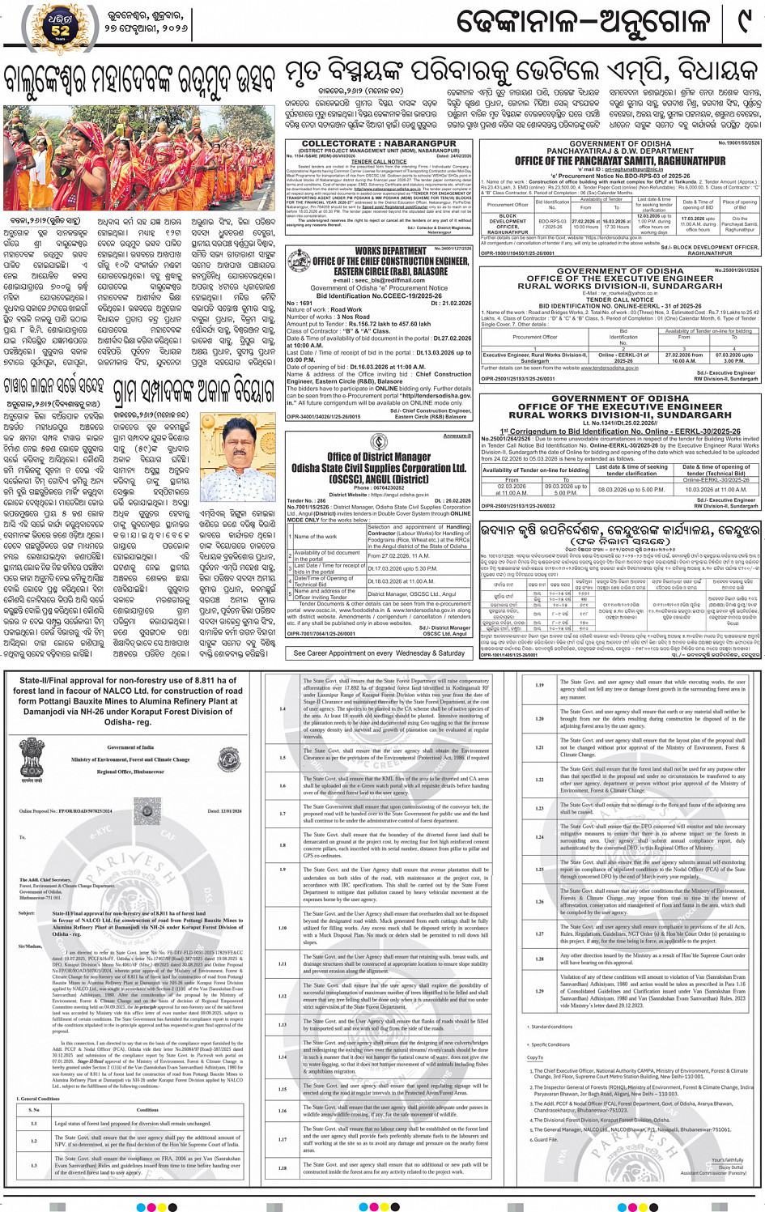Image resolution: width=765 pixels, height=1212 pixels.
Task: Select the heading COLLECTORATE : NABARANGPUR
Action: tap(379, 144)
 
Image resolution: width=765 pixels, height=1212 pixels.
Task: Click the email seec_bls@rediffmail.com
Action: tap(378, 280)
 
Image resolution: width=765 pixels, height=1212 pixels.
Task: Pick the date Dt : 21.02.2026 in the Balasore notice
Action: tap(451, 303)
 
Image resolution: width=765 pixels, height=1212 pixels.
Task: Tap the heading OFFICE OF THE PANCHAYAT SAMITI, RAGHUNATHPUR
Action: tap(620, 161)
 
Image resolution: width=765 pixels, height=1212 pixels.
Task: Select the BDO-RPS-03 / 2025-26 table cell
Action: tap(552, 223)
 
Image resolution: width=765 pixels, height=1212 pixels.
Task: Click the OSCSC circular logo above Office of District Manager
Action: tap(378, 441)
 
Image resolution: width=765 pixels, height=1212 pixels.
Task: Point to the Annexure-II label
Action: tap(457, 436)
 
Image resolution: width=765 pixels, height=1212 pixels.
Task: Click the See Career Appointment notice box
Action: tap(379, 653)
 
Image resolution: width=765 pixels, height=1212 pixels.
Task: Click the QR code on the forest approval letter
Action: tap(148, 809)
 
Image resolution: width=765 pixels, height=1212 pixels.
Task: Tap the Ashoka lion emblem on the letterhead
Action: tap(32, 749)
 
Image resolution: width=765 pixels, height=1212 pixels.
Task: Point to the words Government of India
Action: tap(130, 747)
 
